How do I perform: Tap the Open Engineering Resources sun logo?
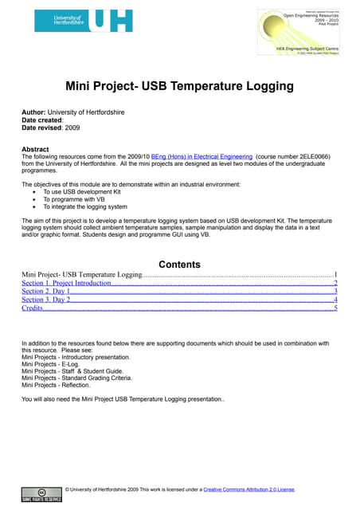[306, 29]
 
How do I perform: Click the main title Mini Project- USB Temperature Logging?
[180, 87]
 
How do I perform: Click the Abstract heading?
[35, 150]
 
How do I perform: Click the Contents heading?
[179, 265]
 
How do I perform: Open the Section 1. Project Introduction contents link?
[66, 283]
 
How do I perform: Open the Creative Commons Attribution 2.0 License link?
[248, 489]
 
